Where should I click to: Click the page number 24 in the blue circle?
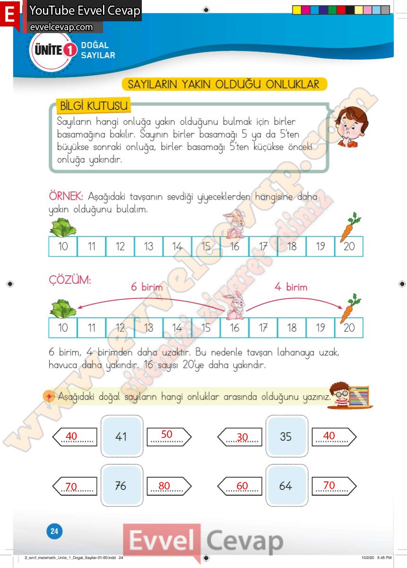(x=54, y=531)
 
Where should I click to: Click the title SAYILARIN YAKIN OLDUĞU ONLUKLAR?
(x=224, y=84)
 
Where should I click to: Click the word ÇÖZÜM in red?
(x=70, y=280)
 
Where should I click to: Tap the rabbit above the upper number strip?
(x=234, y=225)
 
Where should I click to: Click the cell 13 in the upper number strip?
(x=148, y=246)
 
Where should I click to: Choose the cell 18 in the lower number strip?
(x=292, y=328)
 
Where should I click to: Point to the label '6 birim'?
(x=147, y=287)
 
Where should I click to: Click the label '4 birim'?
(x=291, y=287)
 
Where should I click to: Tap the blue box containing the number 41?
(x=121, y=437)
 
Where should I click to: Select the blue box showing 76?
(x=121, y=486)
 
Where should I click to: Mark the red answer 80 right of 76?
(x=165, y=486)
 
